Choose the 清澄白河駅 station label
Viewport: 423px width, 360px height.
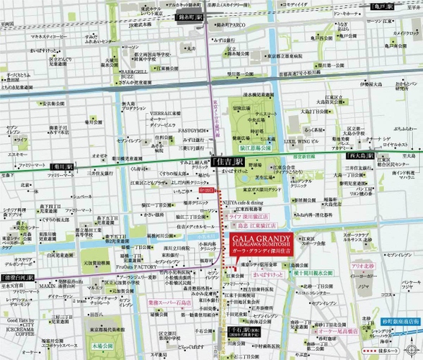[x=17, y=276]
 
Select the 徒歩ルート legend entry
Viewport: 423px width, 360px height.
[x=393, y=348]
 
